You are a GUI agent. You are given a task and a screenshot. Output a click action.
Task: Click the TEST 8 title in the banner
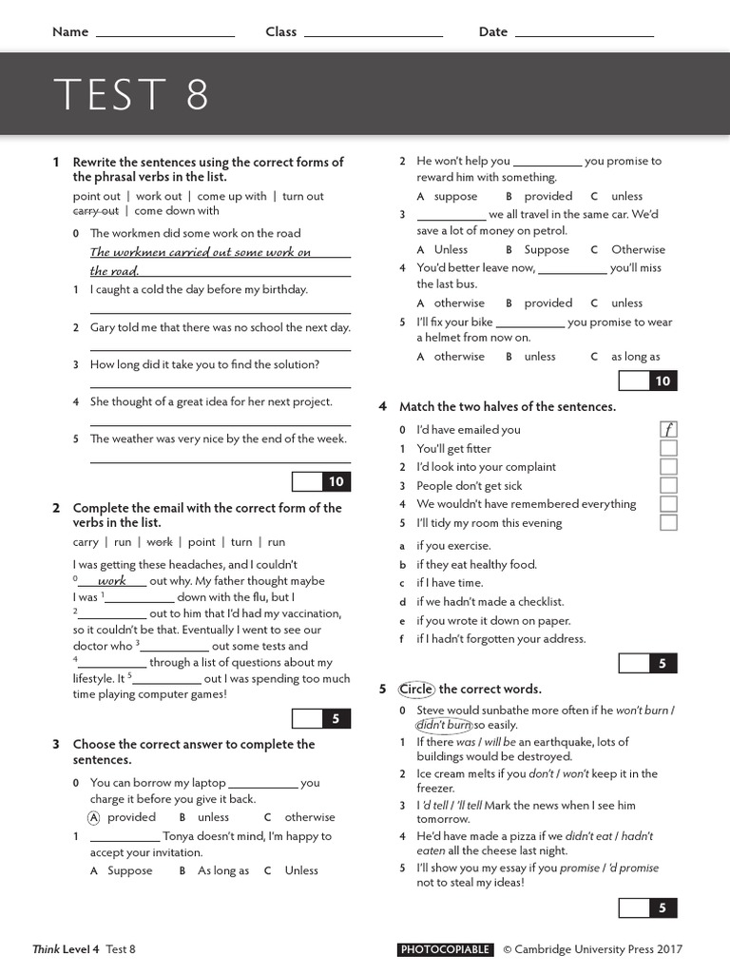point(131,94)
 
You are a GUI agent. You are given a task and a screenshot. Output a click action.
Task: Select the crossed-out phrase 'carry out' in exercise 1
point(96,211)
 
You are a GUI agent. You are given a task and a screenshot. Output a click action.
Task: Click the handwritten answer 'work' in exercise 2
point(112,580)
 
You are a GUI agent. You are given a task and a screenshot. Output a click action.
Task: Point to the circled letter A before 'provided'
point(94,817)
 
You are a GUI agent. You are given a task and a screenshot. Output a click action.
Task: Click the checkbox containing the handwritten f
point(668,429)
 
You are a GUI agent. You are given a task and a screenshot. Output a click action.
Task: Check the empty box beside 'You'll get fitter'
point(668,448)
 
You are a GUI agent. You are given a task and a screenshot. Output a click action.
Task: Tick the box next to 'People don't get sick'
point(668,485)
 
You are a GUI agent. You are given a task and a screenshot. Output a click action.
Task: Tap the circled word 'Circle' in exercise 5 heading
point(416,689)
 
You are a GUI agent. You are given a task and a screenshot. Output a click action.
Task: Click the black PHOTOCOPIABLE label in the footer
point(445,949)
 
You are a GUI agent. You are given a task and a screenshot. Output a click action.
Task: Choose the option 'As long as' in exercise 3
point(223,870)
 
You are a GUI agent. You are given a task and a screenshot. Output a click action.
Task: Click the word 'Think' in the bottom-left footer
point(46,949)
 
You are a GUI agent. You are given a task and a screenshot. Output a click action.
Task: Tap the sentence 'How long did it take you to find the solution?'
point(204,364)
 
